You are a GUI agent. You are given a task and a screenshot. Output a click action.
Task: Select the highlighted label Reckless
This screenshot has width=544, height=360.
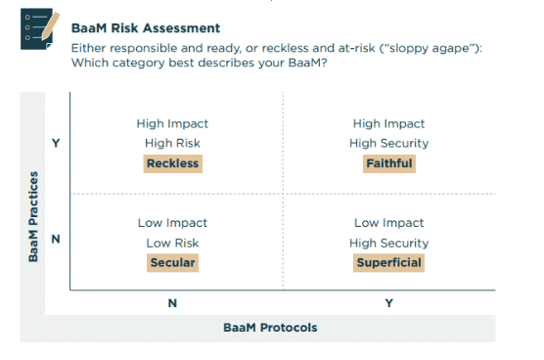click(x=172, y=163)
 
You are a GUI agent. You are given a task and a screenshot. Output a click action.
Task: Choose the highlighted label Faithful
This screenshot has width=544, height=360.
click(x=388, y=163)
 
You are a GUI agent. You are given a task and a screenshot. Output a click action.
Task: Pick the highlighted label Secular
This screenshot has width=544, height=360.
click(x=172, y=262)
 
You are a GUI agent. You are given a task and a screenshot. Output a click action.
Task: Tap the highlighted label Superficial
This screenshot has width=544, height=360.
click(x=388, y=262)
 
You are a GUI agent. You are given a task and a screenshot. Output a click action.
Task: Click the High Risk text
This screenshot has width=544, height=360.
click(x=172, y=143)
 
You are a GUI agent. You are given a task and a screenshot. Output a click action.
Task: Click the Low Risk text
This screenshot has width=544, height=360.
click(x=172, y=243)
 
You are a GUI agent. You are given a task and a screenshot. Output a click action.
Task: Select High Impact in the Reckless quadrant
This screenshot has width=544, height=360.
click(x=172, y=123)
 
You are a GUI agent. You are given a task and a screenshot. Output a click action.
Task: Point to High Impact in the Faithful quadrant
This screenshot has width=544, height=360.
click(x=388, y=123)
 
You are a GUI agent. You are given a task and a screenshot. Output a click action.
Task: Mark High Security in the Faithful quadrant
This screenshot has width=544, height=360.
click(x=388, y=143)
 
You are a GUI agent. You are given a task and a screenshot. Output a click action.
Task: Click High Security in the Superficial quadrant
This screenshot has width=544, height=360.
click(x=388, y=243)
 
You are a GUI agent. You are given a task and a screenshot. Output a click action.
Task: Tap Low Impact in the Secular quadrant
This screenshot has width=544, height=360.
click(x=172, y=223)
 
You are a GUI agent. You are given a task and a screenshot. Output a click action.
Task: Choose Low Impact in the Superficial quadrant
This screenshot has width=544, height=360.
click(x=388, y=223)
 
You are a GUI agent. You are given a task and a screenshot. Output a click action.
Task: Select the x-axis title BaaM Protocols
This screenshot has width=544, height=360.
click(x=270, y=327)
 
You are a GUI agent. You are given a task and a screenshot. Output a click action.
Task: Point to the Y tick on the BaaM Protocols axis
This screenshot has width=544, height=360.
click(x=388, y=303)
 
